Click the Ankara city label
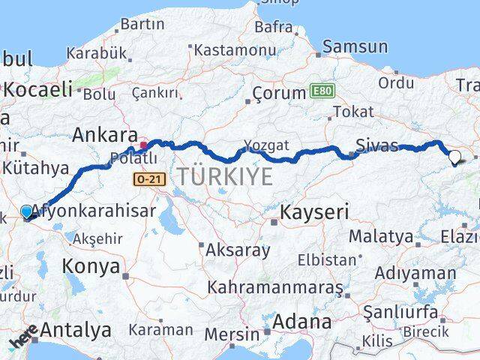tap(105, 136)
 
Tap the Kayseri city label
tap(314, 212)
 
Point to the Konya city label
tap(91, 265)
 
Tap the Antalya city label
tap(76, 329)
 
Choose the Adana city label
tap(302, 322)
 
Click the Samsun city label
tap(355, 46)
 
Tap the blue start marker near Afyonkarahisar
tap(27, 212)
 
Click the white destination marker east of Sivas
tap(454, 157)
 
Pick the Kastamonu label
tap(235, 50)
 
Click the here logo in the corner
tap(23, 337)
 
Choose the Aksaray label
tap(237, 250)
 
